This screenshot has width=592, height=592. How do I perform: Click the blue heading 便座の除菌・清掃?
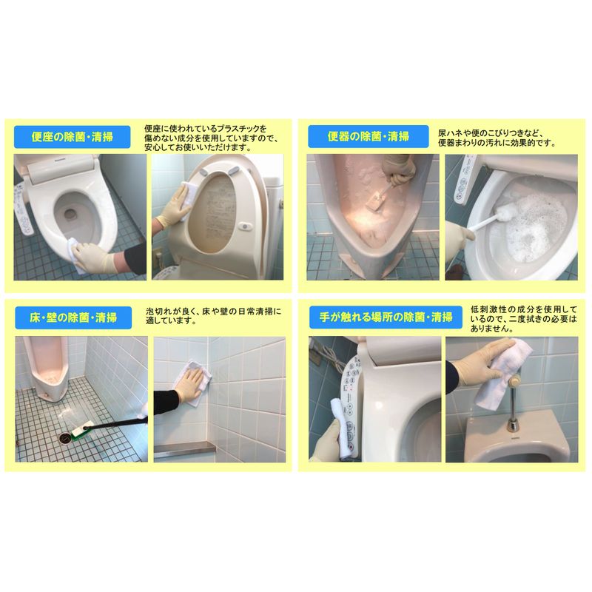pyautogui.click(x=72, y=137)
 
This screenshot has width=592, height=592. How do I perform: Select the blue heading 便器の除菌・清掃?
pyautogui.click(x=368, y=136)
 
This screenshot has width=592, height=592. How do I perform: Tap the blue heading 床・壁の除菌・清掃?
pyautogui.click(x=73, y=317)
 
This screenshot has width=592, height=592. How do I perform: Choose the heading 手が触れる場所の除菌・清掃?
pyautogui.click(x=386, y=317)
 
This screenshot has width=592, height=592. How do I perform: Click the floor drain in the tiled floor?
pyautogui.click(x=65, y=437)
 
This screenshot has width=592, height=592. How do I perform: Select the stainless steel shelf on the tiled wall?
pyautogui.click(x=184, y=449)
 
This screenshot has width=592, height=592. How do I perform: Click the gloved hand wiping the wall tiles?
pyautogui.click(x=191, y=384)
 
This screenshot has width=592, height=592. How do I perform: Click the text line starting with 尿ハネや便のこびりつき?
pyautogui.click(x=491, y=133)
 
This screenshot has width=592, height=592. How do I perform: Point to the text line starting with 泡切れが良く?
pyautogui.click(x=213, y=312)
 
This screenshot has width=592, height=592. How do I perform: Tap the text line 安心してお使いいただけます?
pyautogui.click(x=198, y=147)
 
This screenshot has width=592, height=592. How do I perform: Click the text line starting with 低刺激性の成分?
pyautogui.click(x=524, y=309)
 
